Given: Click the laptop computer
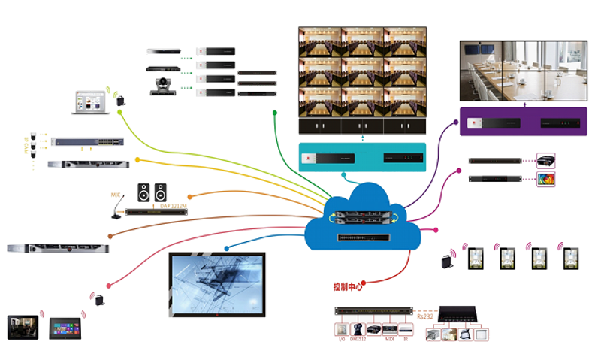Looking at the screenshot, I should (x=90, y=102).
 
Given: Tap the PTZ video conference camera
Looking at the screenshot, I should (x=162, y=86).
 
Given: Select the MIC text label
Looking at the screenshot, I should (x=116, y=195).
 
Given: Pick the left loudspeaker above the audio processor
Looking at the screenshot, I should (x=143, y=192).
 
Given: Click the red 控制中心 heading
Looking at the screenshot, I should (x=348, y=286).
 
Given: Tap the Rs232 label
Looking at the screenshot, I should (x=426, y=316).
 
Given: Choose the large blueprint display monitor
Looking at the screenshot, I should (x=216, y=284).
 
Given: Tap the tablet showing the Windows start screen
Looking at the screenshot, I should (x=65, y=328).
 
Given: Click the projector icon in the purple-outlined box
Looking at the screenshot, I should (x=545, y=160).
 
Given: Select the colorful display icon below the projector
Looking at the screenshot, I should (x=545, y=179).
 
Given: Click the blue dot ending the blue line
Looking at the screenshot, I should (x=226, y=247).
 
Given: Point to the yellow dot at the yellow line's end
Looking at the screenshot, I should (x=138, y=160).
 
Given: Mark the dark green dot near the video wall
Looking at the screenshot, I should (x=274, y=112).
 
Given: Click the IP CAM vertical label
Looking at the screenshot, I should (x=28, y=146).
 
